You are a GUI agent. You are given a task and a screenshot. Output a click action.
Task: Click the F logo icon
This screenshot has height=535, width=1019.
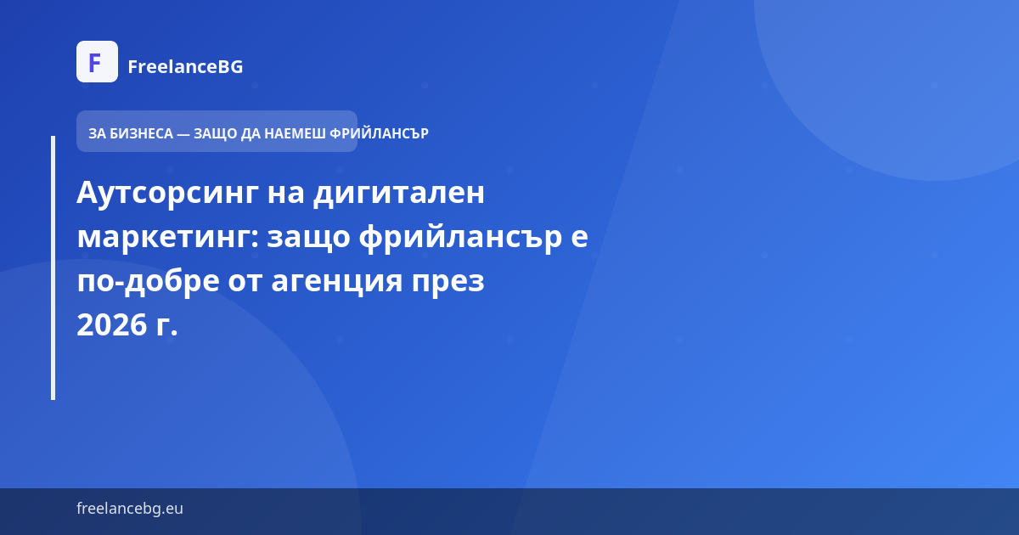(97, 62)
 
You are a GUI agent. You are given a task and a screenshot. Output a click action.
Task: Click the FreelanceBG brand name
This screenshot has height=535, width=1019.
(185, 66)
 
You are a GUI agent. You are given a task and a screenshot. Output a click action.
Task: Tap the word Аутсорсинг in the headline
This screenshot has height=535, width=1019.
(166, 193)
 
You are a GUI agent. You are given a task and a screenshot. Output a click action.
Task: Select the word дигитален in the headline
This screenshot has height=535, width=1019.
(398, 193)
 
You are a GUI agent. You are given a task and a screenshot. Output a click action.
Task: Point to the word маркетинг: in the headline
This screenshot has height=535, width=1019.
(166, 237)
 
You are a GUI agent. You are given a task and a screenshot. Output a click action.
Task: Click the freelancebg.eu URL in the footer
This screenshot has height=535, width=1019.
(130, 509)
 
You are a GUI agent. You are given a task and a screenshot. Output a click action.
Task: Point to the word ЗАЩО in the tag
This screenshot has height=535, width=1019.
(216, 133)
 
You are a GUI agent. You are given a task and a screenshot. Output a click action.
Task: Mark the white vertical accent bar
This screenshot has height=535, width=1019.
(53, 267)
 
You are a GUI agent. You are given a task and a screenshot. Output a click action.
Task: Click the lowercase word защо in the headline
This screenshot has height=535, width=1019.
(308, 237)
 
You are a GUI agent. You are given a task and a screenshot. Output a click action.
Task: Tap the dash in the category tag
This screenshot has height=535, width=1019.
(183, 133)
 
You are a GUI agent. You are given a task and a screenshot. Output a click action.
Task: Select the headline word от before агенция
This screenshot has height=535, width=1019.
(245, 281)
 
